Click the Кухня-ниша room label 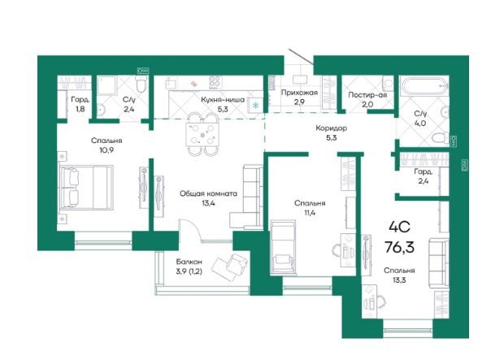click(223, 100)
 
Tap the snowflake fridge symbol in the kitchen click(255, 105)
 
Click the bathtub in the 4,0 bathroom click(424, 85)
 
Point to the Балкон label click(189, 262)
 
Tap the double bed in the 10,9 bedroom click(85, 188)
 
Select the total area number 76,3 click(399, 247)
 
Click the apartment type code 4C click(399, 228)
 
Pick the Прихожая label click(299, 93)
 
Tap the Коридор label click(331, 128)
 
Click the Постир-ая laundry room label click(367, 95)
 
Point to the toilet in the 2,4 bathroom click(141, 84)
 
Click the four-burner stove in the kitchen click(215, 81)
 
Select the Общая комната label click(208, 193)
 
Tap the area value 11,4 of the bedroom click(310, 212)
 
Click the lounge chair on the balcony click(230, 266)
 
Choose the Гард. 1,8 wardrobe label click(80, 104)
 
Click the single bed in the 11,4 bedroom click(283, 248)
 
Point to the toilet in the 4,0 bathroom click(441, 138)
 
